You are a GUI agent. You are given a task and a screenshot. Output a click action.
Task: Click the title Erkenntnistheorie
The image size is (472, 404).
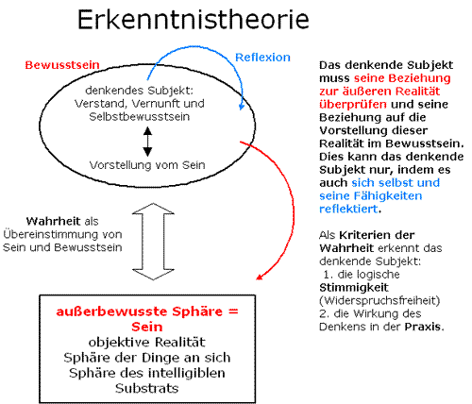[194, 20]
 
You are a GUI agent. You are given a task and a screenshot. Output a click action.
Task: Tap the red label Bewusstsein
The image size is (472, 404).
[62, 65]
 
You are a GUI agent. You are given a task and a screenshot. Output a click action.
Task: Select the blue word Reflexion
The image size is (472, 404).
[262, 58]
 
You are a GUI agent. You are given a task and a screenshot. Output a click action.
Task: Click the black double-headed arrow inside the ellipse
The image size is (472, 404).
[147, 142]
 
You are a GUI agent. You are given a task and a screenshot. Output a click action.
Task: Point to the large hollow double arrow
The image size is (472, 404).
[153, 242]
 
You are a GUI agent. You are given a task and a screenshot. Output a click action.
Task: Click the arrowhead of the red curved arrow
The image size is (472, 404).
[260, 276]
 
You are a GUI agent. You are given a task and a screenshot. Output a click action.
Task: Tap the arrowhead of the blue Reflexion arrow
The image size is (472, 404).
[242, 107]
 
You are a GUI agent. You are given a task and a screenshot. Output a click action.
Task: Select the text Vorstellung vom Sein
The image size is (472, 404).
[147, 165]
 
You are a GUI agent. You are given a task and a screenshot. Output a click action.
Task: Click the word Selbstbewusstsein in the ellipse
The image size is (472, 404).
[140, 117]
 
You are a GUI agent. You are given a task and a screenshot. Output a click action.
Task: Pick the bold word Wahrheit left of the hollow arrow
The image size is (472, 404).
[49, 221]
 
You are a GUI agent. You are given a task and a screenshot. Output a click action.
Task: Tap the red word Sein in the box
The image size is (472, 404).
[147, 327]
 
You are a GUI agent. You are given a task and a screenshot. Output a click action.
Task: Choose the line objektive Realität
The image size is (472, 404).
[147, 342]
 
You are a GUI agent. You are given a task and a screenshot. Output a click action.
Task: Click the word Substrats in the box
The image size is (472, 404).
[146, 388]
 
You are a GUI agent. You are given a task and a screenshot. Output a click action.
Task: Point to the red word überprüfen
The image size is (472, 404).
[353, 105]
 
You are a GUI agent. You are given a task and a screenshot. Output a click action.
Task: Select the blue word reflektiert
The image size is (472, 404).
[348, 209]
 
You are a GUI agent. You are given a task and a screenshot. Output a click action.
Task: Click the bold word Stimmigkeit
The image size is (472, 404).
[354, 288]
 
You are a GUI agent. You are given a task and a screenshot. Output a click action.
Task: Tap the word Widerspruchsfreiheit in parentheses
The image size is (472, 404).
[379, 300]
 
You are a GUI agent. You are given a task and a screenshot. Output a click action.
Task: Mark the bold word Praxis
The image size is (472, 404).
[423, 327]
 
